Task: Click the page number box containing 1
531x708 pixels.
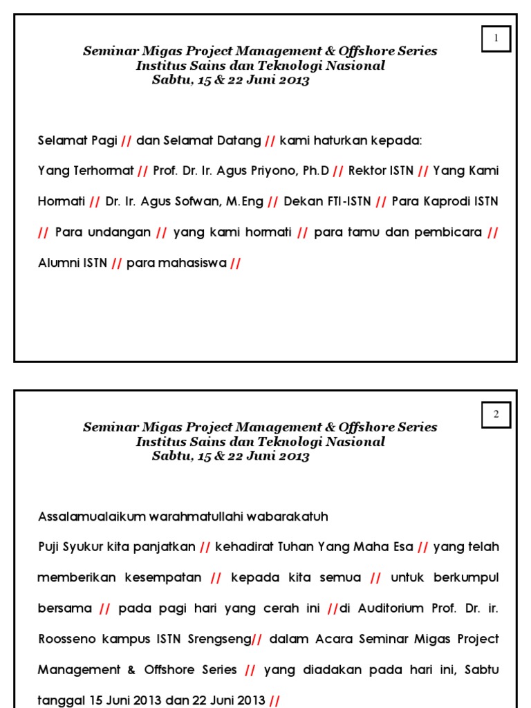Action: [x=496, y=39]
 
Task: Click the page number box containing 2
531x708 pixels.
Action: [x=496, y=415]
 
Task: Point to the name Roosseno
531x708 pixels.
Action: [x=66, y=639]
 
